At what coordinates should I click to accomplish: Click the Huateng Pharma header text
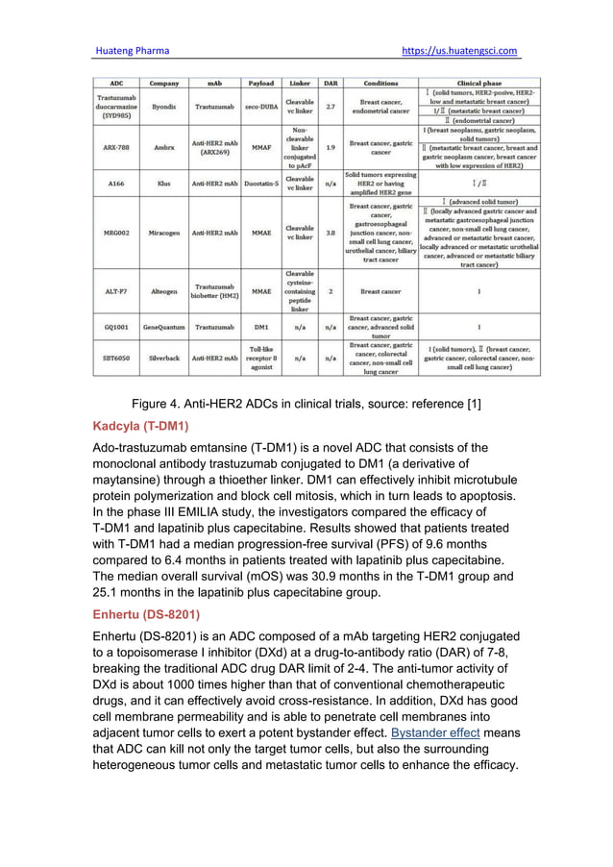coord(130,51)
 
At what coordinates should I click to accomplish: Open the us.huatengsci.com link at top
coord(459,51)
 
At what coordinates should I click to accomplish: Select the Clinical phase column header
coord(479,84)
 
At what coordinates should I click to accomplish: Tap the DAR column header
coord(331,84)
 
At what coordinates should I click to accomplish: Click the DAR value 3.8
coord(331,232)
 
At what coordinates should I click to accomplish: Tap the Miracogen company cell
coord(164,232)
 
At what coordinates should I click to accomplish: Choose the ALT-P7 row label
coord(117,289)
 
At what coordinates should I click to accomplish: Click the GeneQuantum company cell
coord(164,327)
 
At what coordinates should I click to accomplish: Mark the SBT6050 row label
coord(117,358)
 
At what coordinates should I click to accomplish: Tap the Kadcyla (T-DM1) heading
coord(140,425)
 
